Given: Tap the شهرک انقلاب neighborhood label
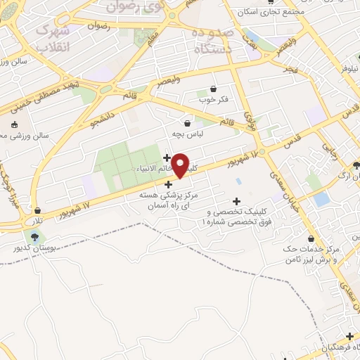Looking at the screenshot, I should [x=53, y=39].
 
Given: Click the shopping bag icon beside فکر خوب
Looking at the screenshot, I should [x=213, y=89].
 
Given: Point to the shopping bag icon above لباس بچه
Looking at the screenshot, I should [x=187, y=122].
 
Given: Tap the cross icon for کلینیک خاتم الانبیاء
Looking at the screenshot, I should [x=167, y=157].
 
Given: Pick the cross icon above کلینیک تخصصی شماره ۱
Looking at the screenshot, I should [x=236, y=202].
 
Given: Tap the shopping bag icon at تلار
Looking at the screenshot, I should [x=37, y=210].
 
